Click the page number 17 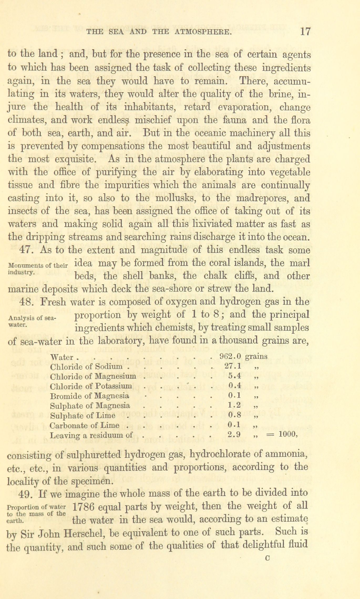tap(305, 32)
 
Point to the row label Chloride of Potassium tap(91, 386)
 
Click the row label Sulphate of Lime tap(83, 415)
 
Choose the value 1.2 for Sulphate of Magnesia tap(235, 405)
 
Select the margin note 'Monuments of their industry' tap(38, 268)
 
